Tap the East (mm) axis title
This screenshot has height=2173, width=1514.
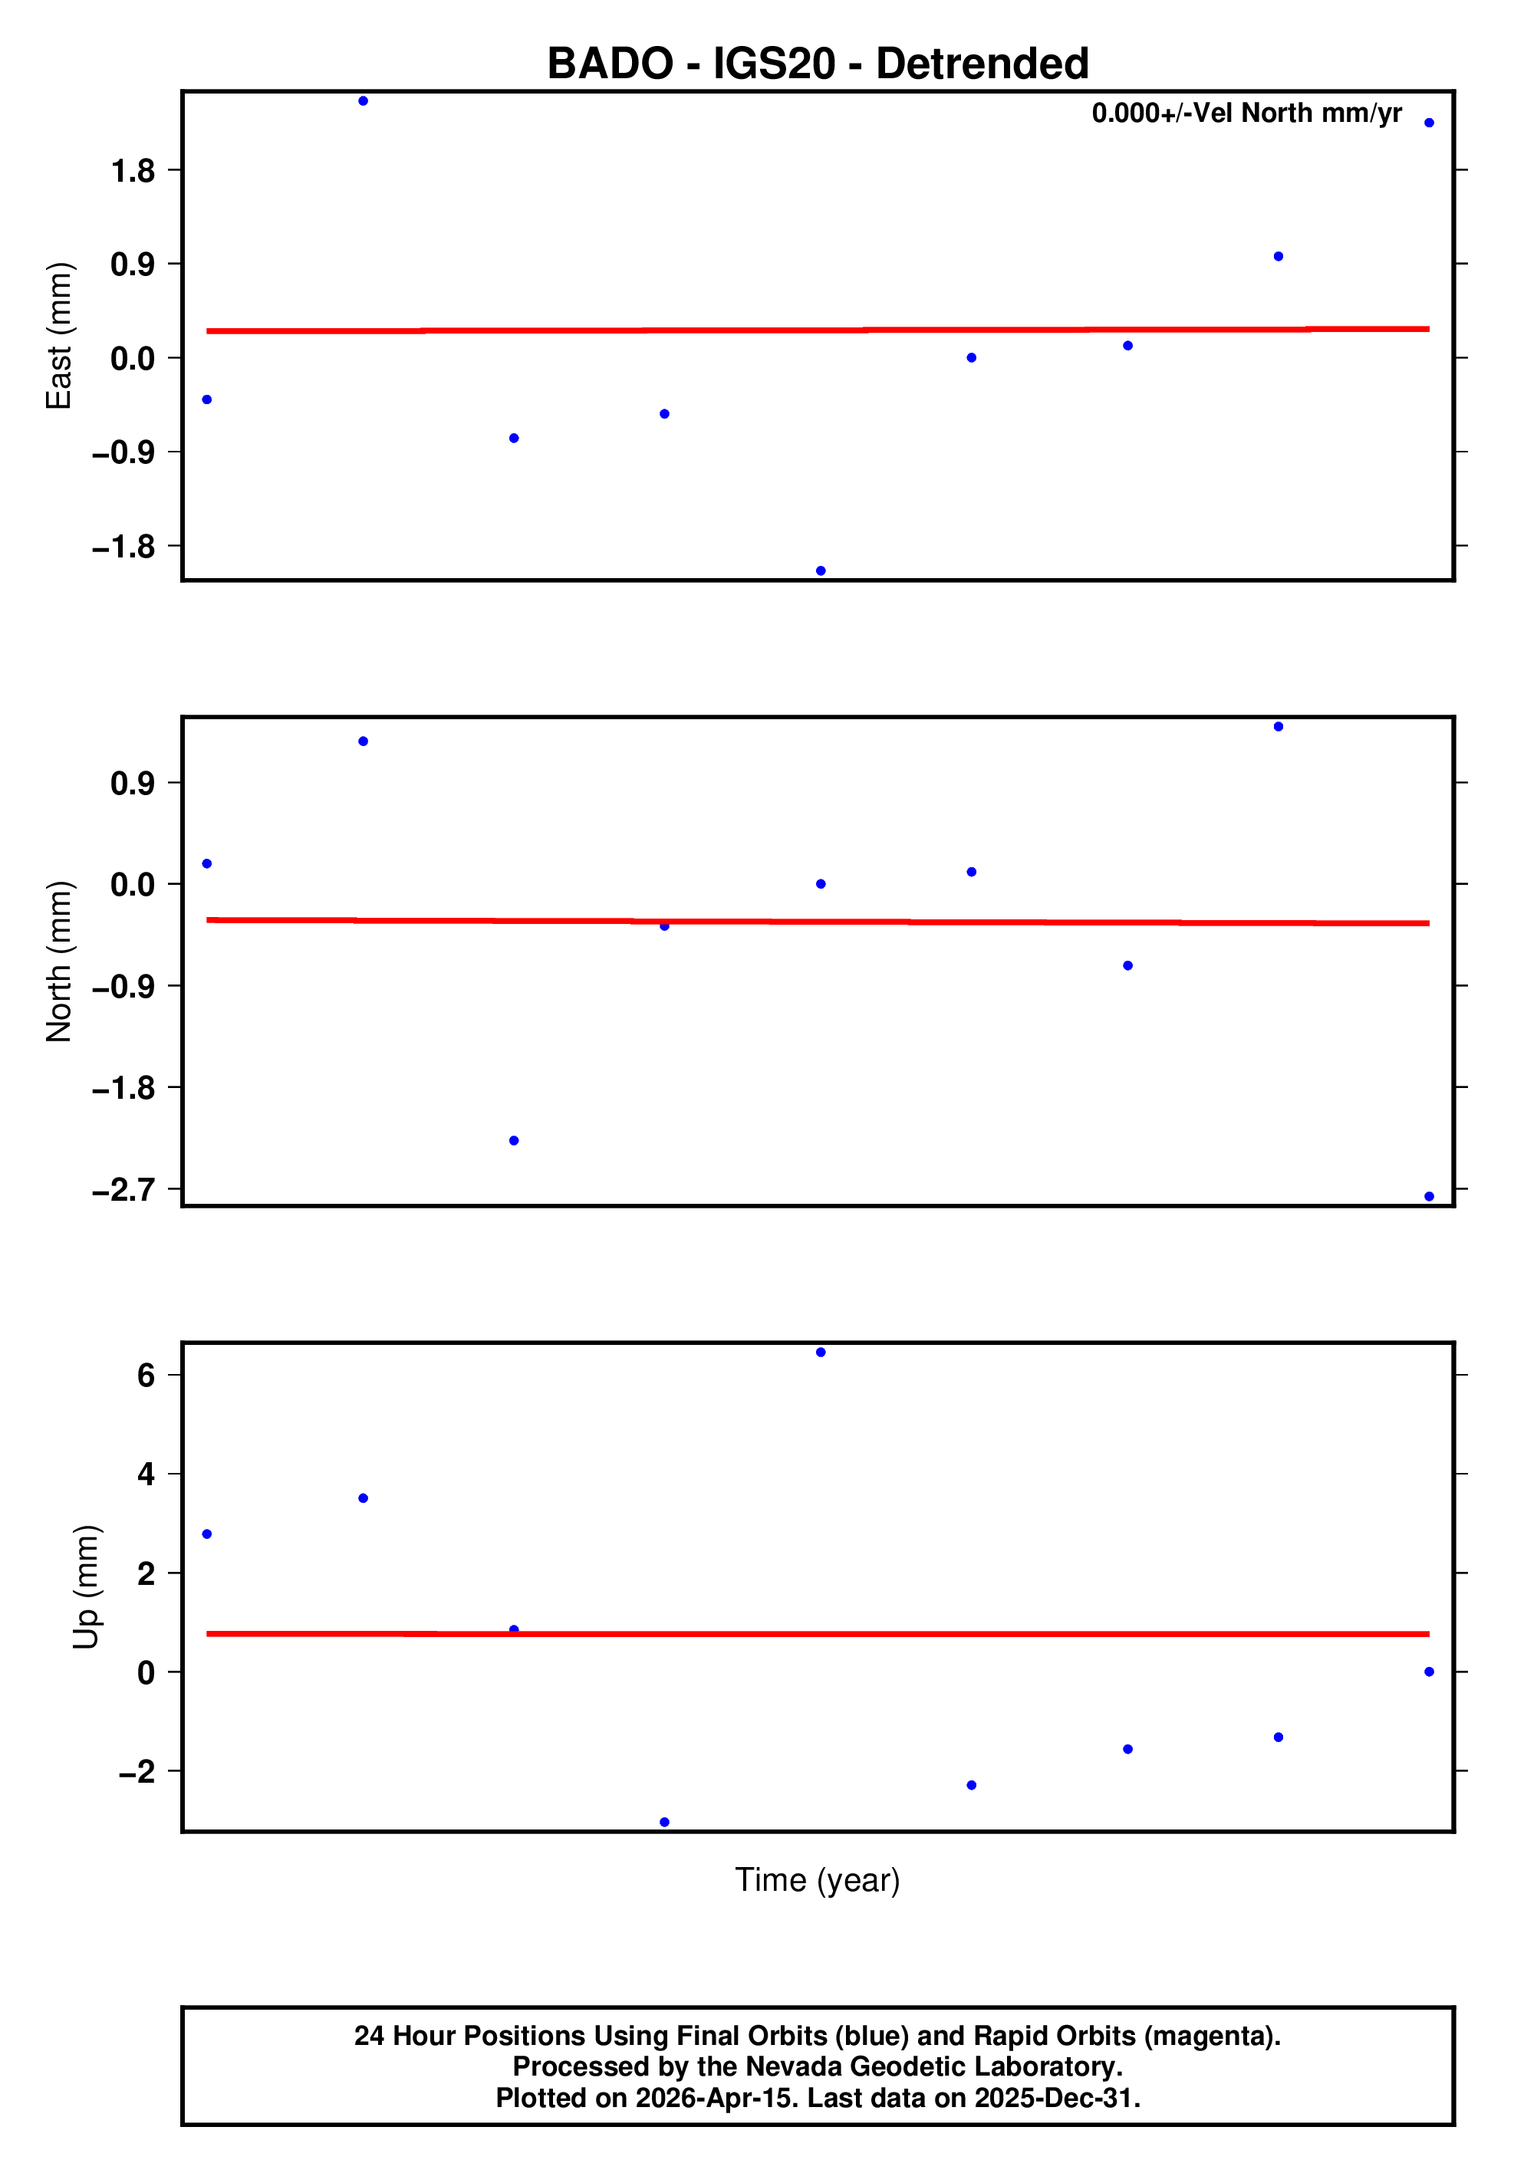click(x=59, y=336)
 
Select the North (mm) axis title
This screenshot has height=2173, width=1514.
click(x=59, y=961)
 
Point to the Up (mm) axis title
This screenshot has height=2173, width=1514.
click(x=86, y=1587)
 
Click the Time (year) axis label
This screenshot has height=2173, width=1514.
click(x=817, y=1879)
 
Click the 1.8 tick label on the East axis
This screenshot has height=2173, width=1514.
click(x=133, y=171)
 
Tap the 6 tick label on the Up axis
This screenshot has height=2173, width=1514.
click(x=146, y=1375)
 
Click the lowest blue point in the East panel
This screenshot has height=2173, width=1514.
click(x=821, y=570)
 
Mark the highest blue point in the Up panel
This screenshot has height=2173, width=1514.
click(x=821, y=1353)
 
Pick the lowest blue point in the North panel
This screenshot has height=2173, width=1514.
click(x=1429, y=1196)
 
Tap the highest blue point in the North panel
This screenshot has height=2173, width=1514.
click(x=1279, y=727)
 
